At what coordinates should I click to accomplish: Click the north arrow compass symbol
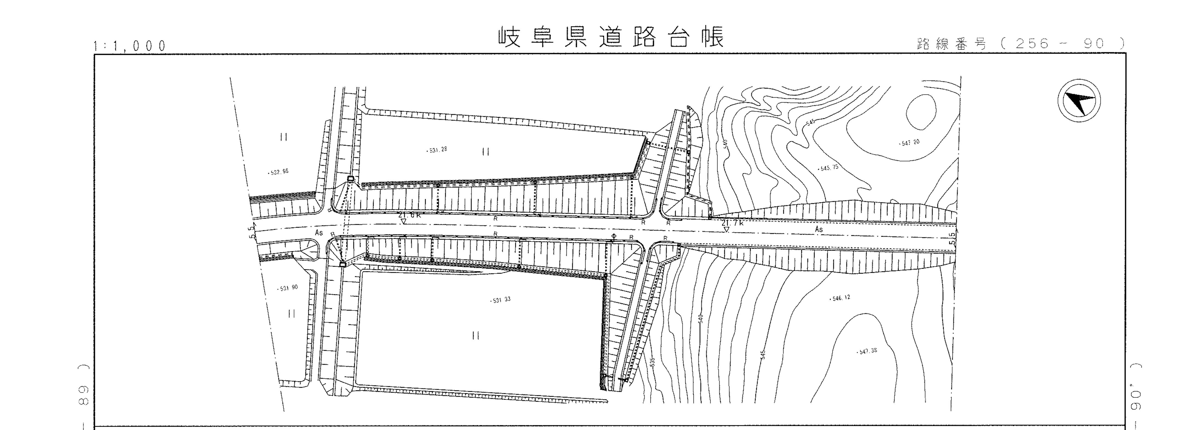point(1079,100)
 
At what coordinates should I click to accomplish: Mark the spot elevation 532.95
point(278,173)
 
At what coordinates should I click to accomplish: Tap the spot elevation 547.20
point(909,143)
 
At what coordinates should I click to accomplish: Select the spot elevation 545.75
point(828,168)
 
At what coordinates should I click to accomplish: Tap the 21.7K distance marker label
point(733,223)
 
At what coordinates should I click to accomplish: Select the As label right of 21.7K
point(819,229)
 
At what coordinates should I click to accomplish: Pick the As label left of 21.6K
point(319,233)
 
